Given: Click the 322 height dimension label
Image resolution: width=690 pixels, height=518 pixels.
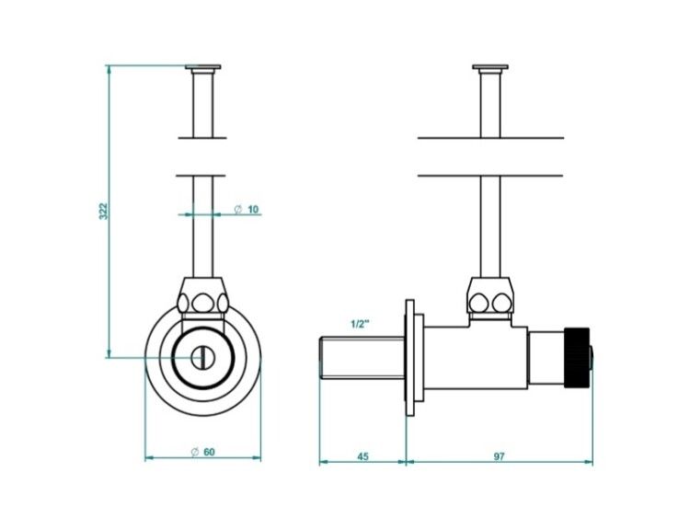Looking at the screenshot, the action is (x=102, y=211).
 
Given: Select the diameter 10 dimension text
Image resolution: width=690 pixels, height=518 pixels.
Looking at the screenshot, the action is (x=247, y=209).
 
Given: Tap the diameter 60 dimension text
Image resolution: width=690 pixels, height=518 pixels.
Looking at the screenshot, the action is (x=203, y=452).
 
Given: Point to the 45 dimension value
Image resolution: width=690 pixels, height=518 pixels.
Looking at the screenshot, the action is (x=362, y=456).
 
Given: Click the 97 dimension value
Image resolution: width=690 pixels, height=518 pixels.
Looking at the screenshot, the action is (x=499, y=456).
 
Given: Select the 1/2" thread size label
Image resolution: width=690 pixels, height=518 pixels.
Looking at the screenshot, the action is (x=360, y=325).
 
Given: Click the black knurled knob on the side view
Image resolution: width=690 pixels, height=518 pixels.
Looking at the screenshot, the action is (x=577, y=358).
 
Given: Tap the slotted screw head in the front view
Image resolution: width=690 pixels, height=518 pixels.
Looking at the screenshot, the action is (x=203, y=357).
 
